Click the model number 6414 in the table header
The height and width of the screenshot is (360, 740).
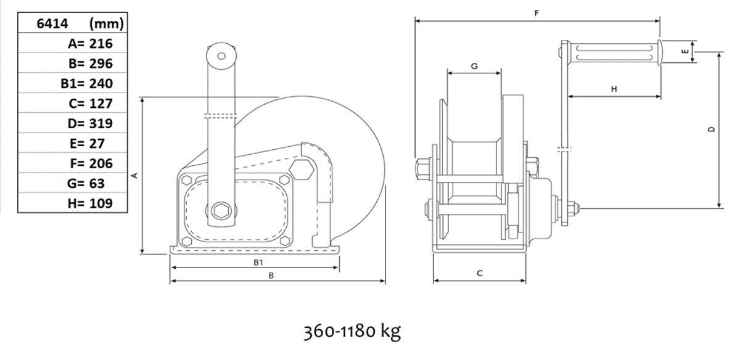coord(52,23)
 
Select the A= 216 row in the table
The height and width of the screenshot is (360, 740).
coord(90,44)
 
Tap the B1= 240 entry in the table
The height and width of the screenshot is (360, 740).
coord(86,84)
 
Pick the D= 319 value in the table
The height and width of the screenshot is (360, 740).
coord(90,123)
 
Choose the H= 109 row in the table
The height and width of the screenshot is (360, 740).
coord(90,203)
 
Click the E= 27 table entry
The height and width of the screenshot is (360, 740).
coord(87,144)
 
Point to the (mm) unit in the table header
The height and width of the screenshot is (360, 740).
coord(106,24)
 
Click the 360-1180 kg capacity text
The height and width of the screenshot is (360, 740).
coord(352,331)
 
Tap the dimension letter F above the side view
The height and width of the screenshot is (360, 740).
coord(536,13)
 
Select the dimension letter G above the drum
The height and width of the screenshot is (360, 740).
coord(474,66)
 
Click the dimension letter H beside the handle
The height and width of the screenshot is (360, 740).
coord(614,89)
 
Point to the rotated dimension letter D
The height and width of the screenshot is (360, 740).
coord(712,129)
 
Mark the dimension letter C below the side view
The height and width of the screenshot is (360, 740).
coord(480,273)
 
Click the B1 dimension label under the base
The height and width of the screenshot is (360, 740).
coord(258,262)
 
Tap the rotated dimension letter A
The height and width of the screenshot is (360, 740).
coord(134,176)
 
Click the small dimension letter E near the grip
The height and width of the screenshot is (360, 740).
coord(685,51)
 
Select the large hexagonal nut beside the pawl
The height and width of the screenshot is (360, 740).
coord(302,170)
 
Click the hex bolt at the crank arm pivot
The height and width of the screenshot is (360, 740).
coord(221,211)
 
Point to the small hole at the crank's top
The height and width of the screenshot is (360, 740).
coord(221,56)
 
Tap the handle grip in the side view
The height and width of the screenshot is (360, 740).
coord(614,53)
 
